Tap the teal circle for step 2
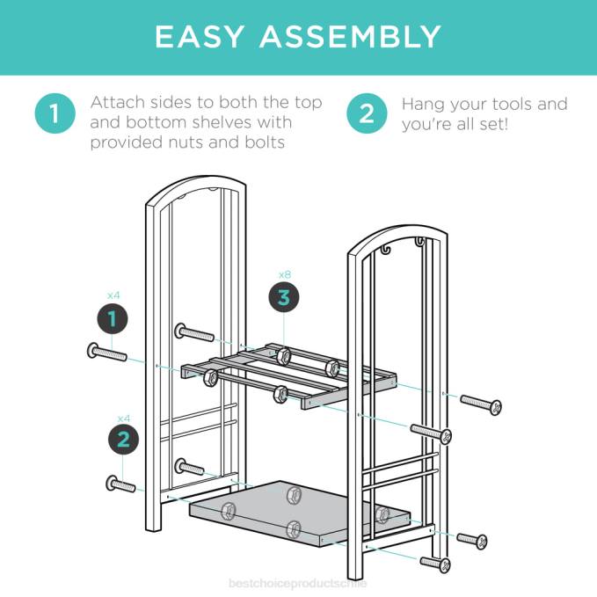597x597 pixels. click(x=367, y=114)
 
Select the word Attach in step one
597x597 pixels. click(x=118, y=103)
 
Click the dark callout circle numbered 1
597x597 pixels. click(x=112, y=319)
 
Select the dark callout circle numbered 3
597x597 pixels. click(x=283, y=298)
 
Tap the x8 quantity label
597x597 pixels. click(x=283, y=273)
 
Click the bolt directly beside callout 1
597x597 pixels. click(x=106, y=353)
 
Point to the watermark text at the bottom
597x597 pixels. click(x=297, y=582)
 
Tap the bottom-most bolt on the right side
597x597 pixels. click(x=436, y=562)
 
